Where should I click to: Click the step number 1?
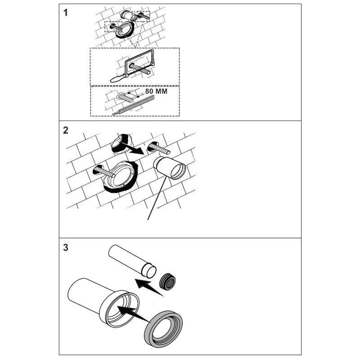coord(66,13)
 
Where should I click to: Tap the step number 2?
coord(66,130)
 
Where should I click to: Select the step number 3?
coord(66,247)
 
